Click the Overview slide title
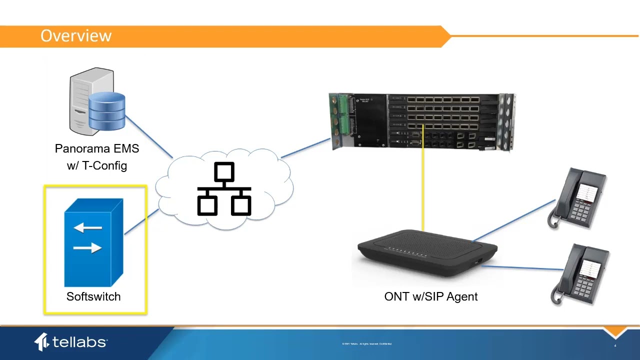click(x=76, y=36)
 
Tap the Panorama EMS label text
click(x=97, y=148)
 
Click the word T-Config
click(x=104, y=165)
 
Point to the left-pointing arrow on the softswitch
click(x=87, y=228)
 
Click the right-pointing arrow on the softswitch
click(x=87, y=247)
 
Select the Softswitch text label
click(x=93, y=296)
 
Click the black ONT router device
click(x=427, y=252)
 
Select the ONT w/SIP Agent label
click(x=430, y=296)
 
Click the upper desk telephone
click(x=579, y=198)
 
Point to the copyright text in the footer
click(x=366, y=344)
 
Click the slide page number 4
click(x=615, y=346)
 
